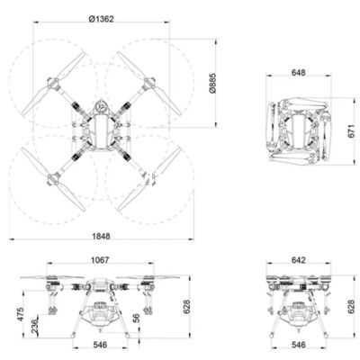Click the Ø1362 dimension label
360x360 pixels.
(x=102, y=19)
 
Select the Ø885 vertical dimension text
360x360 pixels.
(x=212, y=83)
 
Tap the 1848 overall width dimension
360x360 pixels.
(x=101, y=237)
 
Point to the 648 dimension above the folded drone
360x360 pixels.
(x=299, y=73)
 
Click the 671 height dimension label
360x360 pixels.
(x=351, y=131)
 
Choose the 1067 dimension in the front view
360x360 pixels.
(x=100, y=260)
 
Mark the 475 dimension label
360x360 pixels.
(x=21, y=314)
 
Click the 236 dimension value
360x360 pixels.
(x=35, y=327)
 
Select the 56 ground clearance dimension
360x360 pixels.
(x=136, y=318)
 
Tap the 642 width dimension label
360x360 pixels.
(x=299, y=260)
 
